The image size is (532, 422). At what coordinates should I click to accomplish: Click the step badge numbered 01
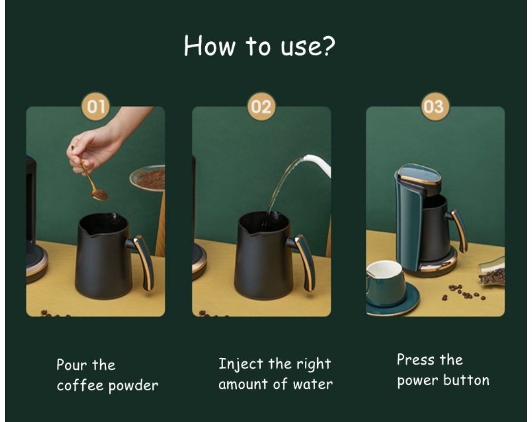[x=96, y=106]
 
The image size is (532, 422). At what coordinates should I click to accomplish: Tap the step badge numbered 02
[x=261, y=106]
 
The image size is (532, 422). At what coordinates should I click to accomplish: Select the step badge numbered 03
[x=435, y=106]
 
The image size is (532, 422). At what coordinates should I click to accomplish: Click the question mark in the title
[x=328, y=45]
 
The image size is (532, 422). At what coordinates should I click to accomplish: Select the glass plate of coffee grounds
[x=148, y=178]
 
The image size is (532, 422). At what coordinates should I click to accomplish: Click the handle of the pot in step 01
[x=142, y=261]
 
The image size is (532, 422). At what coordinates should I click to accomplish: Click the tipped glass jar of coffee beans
[x=492, y=271]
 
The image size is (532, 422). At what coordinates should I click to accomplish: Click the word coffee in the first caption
[x=80, y=386]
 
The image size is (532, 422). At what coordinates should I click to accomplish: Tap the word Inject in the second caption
[x=241, y=364]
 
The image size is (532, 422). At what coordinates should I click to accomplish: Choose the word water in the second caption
[x=313, y=385]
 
